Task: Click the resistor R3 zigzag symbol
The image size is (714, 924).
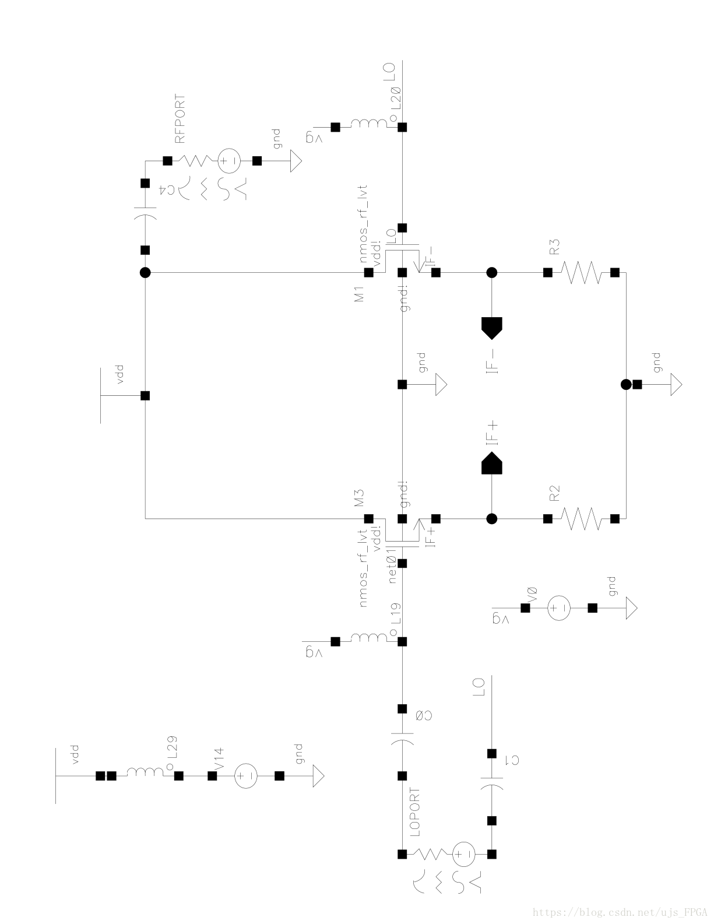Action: click(x=581, y=272)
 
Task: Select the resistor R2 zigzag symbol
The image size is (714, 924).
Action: click(x=581, y=518)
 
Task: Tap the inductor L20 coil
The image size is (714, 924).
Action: click(x=368, y=125)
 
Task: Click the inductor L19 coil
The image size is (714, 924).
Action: click(x=368, y=640)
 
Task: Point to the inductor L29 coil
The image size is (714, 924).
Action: click(x=145, y=775)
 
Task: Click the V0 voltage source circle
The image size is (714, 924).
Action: click(x=558, y=608)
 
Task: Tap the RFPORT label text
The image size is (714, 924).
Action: click(x=180, y=119)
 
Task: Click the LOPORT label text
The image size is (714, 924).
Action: click(x=415, y=813)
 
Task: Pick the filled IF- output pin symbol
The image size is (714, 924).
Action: click(x=492, y=327)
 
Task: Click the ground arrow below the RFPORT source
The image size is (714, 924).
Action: click(x=294, y=160)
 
